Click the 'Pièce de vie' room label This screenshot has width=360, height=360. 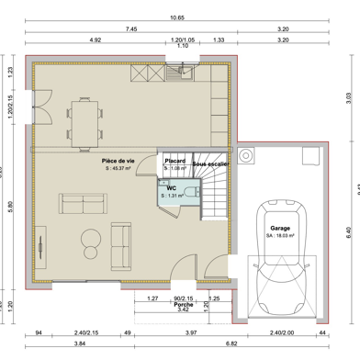click(x=119, y=160)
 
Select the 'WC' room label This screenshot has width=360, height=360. click(x=171, y=187)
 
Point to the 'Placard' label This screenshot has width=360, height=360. click(x=174, y=160)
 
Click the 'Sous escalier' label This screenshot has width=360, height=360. click(x=211, y=163)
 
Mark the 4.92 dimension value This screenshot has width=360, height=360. click(x=95, y=40)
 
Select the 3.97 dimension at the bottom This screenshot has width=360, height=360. click(x=191, y=332)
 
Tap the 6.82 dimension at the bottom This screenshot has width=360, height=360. click(x=208, y=343)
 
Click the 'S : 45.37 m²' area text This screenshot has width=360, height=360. click(x=119, y=168)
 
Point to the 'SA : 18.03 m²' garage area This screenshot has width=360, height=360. click(x=279, y=235)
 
